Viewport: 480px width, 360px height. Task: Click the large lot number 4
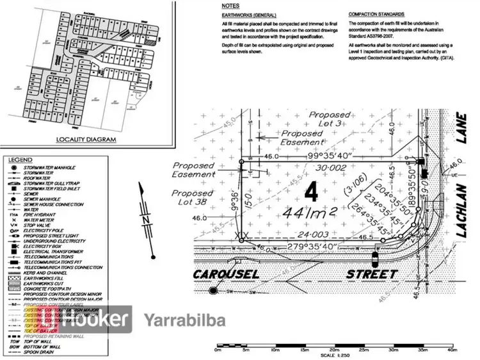312,192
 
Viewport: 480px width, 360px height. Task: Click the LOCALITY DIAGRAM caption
86,139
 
